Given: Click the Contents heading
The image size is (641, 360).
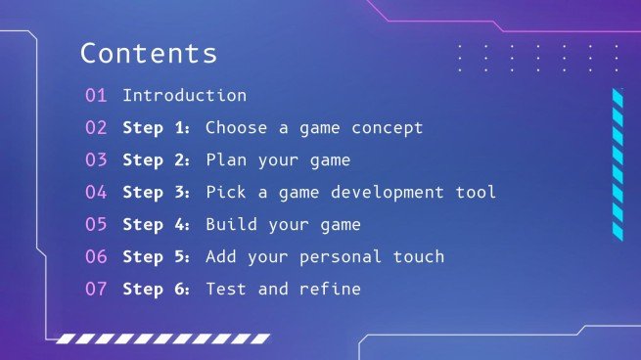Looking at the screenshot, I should tap(149, 53).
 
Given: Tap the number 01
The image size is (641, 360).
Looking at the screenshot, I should tap(96, 96).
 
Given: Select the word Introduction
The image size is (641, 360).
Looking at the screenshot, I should tap(184, 96).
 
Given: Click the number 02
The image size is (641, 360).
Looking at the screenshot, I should tap(96, 128).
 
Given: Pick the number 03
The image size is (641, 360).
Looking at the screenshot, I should tap(96, 160).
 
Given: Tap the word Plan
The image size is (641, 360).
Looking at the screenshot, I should tap(226, 160).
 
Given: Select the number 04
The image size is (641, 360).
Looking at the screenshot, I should tap(96, 193).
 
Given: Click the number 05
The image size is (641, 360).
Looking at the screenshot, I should tap(96, 225).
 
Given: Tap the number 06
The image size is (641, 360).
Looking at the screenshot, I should tap(96, 257).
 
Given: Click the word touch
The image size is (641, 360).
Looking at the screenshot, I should tap(418, 257).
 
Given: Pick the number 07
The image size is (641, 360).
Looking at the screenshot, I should tap(96, 290).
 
